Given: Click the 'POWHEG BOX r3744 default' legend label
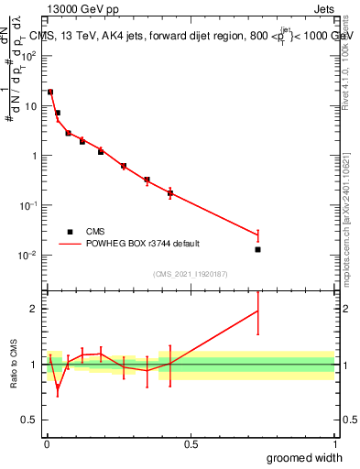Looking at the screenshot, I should pyautogui.click(x=142, y=244).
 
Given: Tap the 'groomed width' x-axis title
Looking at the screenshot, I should pyautogui.click(x=305, y=457).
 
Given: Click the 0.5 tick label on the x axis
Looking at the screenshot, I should pyautogui.click(x=191, y=443).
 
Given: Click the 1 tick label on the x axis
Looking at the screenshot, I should pyautogui.click(x=334, y=443).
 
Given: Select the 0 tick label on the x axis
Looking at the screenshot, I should pyautogui.click(x=47, y=443).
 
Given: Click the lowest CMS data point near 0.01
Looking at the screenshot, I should pyautogui.click(x=258, y=249).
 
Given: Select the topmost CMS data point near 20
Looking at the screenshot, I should pyautogui.click(x=50, y=92).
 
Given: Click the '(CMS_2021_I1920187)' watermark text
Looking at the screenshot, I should pyautogui.click(x=191, y=273).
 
